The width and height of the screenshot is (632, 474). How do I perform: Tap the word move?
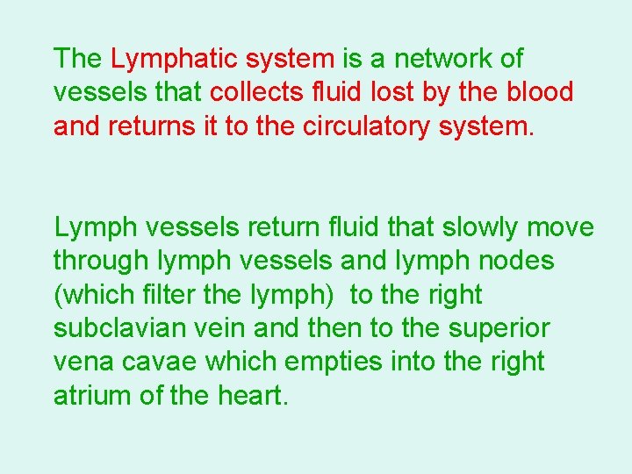tap(561, 227)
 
